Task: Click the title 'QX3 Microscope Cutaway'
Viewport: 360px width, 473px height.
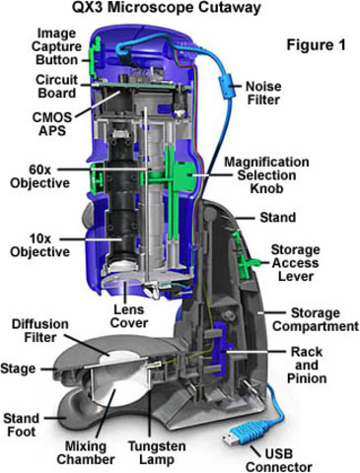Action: tap(167, 7)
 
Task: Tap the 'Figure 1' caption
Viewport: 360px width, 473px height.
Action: tap(317, 44)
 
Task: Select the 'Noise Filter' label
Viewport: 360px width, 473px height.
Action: tap(263, 93)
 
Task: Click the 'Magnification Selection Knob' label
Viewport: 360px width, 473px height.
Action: tap(266, 174)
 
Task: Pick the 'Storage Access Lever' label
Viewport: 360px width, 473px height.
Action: tap(295, 263)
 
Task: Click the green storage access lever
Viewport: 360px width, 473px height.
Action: tap(246, 259)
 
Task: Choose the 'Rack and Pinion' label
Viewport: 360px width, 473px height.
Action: tap(307, 365)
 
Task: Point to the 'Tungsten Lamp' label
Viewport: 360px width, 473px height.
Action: tap(157, 452)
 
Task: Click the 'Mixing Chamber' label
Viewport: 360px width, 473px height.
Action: tap(86, 452)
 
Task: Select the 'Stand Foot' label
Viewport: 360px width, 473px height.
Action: tap(22, 425)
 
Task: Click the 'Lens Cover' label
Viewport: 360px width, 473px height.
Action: tap(129, 316)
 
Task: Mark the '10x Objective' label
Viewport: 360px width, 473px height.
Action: tap(40, 245)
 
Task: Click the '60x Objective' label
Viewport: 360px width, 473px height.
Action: tap(40, 176)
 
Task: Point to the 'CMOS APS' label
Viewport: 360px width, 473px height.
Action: tap(52, 124)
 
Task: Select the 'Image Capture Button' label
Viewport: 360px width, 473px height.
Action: tap(56, 46)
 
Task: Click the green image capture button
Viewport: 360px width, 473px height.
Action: tap(96, 56)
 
